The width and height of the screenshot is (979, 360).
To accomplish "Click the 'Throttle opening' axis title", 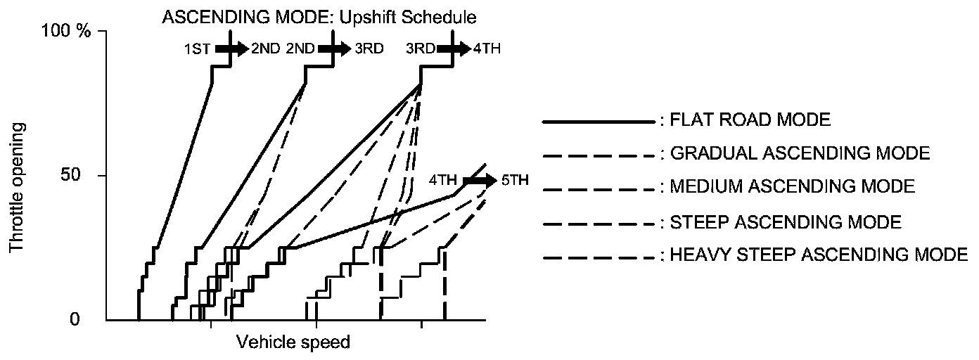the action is (15, 188).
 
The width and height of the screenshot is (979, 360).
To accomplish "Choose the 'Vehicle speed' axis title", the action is (293, 342).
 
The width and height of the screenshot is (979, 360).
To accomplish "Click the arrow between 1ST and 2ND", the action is (231, 49).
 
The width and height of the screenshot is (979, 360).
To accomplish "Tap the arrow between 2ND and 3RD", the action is (333, 49).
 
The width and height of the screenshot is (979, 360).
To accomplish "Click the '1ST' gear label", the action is (198, 49).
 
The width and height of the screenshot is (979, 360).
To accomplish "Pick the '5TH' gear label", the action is (513, 179).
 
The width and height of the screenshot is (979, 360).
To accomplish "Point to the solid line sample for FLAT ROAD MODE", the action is (598, 122).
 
